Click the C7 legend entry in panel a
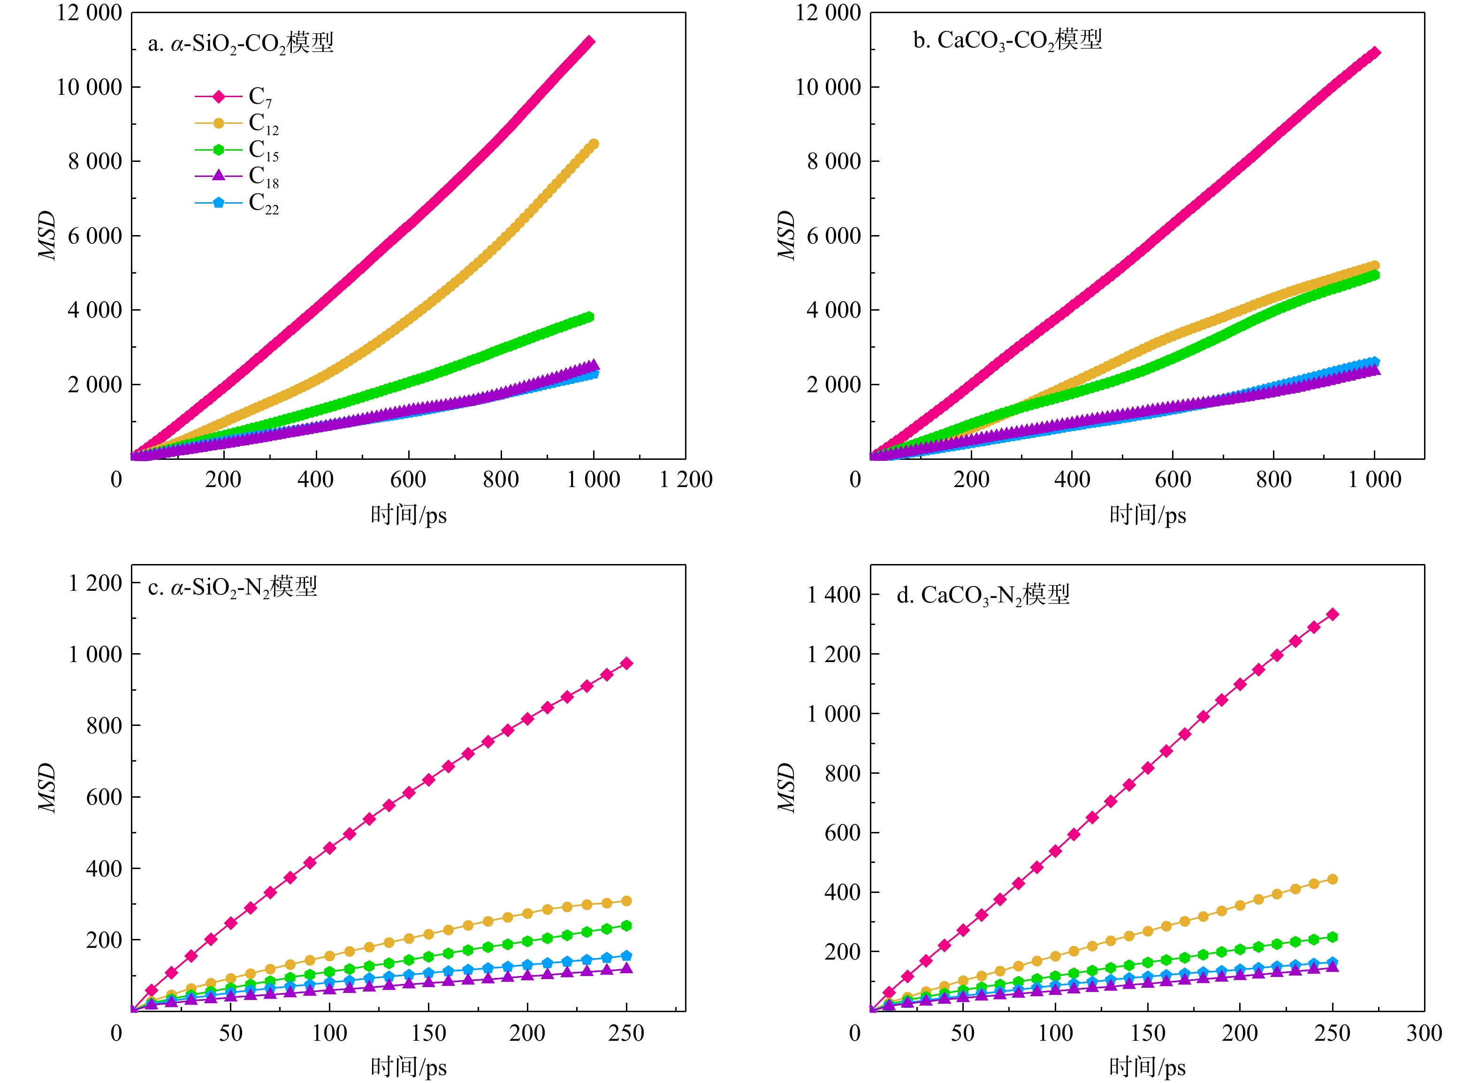point(236,97)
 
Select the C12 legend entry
point(236,123)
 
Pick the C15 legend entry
point(236,150)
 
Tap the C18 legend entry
point(236,175)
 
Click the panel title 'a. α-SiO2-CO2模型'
point(241,43)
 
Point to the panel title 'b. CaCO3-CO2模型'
point(1007,40)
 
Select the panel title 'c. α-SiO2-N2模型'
point(233,587)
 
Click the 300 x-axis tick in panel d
point(1424,1033)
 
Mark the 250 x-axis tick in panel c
point(626,1033)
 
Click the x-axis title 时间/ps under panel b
point(1148,515)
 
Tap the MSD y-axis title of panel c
point(47,787)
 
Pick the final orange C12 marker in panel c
point(626,901)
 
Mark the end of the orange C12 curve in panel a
point(593,144)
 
